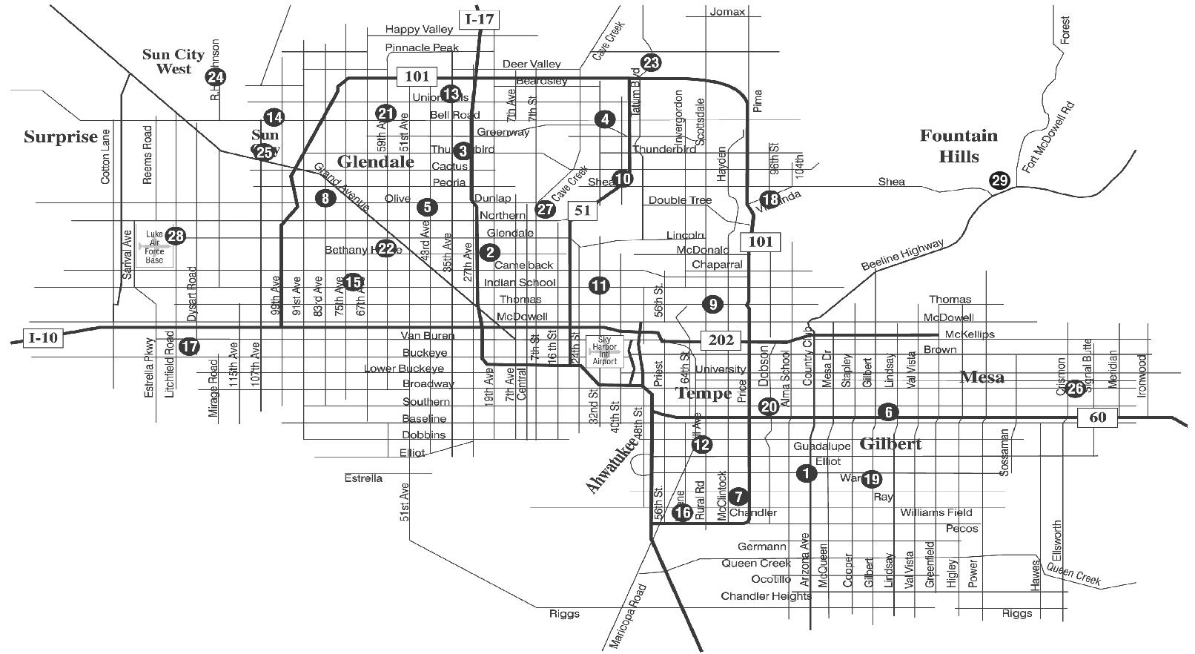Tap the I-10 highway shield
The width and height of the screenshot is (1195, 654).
tap(43, 338)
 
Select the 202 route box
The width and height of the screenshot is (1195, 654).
tap(721, 340)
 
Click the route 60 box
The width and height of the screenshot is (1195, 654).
tap(1097, 417)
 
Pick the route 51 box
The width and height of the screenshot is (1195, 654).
tap(583, 211)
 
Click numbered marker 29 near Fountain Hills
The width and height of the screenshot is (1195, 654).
tap(999, 180)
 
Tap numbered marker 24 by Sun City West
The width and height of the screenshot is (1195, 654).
tap(216, 76)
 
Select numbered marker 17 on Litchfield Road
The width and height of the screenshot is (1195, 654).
tap(190, 346)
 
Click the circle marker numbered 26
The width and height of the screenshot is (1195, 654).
tap(1075, 389)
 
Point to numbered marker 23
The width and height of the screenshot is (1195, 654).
tap(651, 63)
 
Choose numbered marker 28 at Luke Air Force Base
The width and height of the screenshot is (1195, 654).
tap(176, 237)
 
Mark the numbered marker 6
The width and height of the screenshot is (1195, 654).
tap(887, 412)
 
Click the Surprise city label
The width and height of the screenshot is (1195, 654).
tap(61, 137)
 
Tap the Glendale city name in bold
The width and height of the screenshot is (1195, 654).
tap(376, 162)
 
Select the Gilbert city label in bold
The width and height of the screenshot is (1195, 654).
tap(890, 444)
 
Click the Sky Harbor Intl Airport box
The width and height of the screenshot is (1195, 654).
tap(605, 350)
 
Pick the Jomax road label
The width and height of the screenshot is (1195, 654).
tap(727, 12)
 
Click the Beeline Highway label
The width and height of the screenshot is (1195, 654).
tap(902, 255)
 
